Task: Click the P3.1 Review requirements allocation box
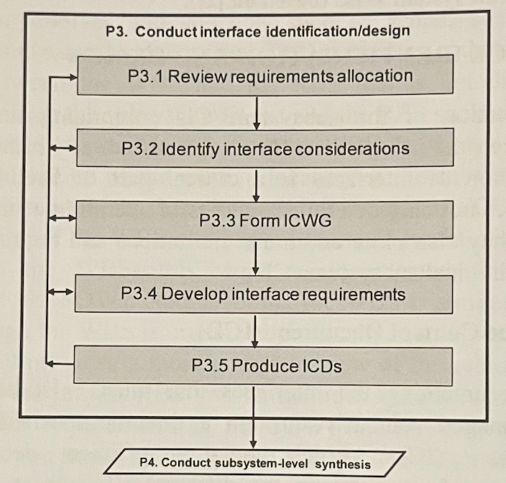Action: [x=266, y=76]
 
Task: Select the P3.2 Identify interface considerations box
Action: [x=266, y=148]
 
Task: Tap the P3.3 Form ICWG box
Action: [x=266, y=221]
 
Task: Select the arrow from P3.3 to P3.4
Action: [x=257, y=257]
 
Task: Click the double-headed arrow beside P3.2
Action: [x=62, y=149]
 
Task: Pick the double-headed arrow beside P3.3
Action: [x=62, y=219]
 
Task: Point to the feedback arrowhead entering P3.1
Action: [x=70, y=76]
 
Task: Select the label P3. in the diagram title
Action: [x=116, y=32]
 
